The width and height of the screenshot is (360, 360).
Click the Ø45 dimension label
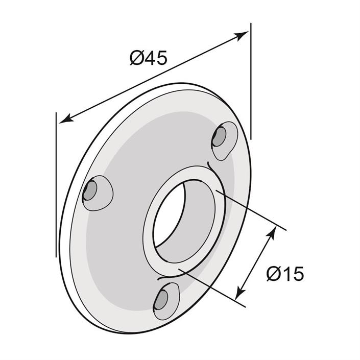click(x=148, y=58)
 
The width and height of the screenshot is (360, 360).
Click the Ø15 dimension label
click(x=285, y=274)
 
